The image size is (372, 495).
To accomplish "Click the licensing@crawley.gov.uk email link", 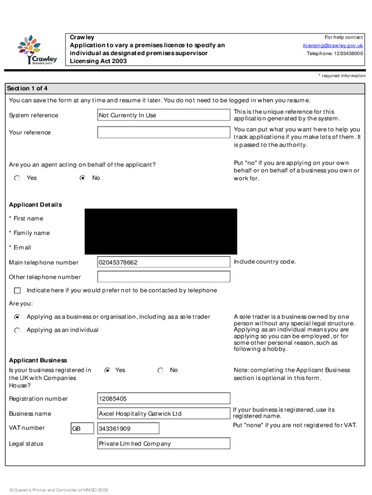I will [333, 45].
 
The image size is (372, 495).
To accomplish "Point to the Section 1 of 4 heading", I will [27, 88].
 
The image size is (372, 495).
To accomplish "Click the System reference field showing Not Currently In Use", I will [163, 115].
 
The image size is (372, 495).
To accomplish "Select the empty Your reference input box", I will [163, 132].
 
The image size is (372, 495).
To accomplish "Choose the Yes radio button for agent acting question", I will [17, 178].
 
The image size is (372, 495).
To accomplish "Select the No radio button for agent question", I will [83, 178].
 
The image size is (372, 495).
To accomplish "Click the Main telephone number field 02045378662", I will [163, 262].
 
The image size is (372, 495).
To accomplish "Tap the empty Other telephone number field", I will [163, 277].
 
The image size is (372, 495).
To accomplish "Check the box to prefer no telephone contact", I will [17, 291].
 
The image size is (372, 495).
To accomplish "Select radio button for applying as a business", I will [17, 317].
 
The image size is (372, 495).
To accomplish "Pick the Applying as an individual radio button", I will [17, 330].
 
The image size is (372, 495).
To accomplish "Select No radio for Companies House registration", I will [160, 370].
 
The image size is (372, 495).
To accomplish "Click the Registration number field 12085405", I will [163, 399].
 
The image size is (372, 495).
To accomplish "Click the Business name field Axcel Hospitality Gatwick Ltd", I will [163, 414].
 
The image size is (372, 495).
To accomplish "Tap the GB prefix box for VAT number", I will [82, 429].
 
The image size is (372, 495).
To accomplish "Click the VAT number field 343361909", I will [128, 429].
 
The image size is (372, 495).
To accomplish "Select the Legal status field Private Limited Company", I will [163, 444].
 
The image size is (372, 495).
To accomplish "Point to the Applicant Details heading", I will [35, 204].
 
